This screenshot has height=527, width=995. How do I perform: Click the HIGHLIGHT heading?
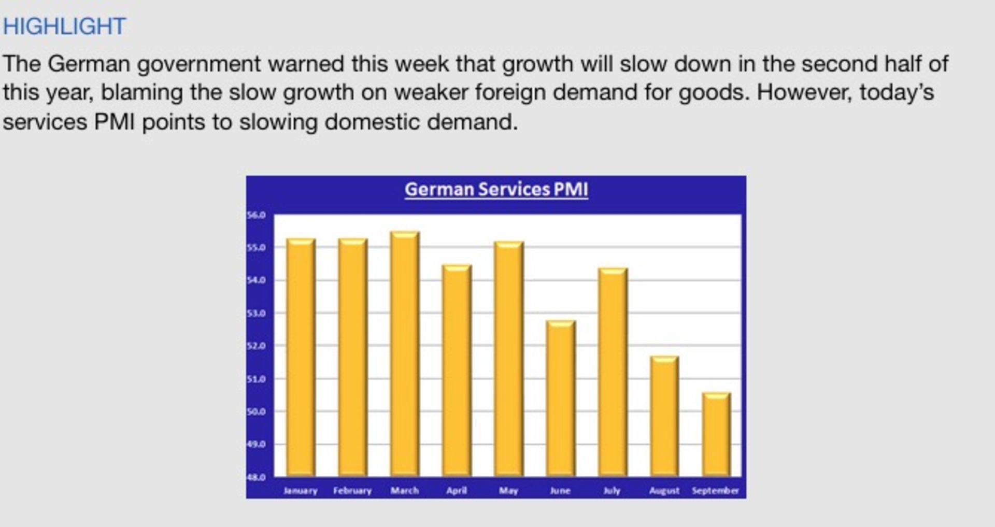[x=64, y=26]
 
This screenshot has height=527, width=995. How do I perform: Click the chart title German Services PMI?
[x=496, y=189]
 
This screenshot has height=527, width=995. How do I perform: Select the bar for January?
[x=301, y=358]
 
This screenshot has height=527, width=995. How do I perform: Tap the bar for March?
[x=405, y=354]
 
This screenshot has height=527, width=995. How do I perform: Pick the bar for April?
[x=457, y=371]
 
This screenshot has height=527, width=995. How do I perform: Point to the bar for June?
[x=561, y=398]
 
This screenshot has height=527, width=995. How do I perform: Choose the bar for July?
[x=613, y=372]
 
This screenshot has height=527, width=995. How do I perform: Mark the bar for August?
[x=664, y=416]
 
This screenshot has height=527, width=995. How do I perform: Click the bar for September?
[x=717, y=434]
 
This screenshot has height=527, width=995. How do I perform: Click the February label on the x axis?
[x=352, y=491]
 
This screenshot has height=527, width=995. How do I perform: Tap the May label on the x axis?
[x=508, y=491]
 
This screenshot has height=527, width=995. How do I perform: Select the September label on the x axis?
[x=716, y=491]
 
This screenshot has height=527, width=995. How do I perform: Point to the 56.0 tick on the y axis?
[x=256, y=215]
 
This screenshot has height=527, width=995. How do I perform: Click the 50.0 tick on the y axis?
[x=256, y=411]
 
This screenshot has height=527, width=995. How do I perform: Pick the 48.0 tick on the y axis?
[x=256, y=477]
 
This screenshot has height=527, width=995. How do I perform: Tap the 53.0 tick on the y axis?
[x=256, y=313]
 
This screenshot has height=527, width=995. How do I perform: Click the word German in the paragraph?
[x=89, y=64]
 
